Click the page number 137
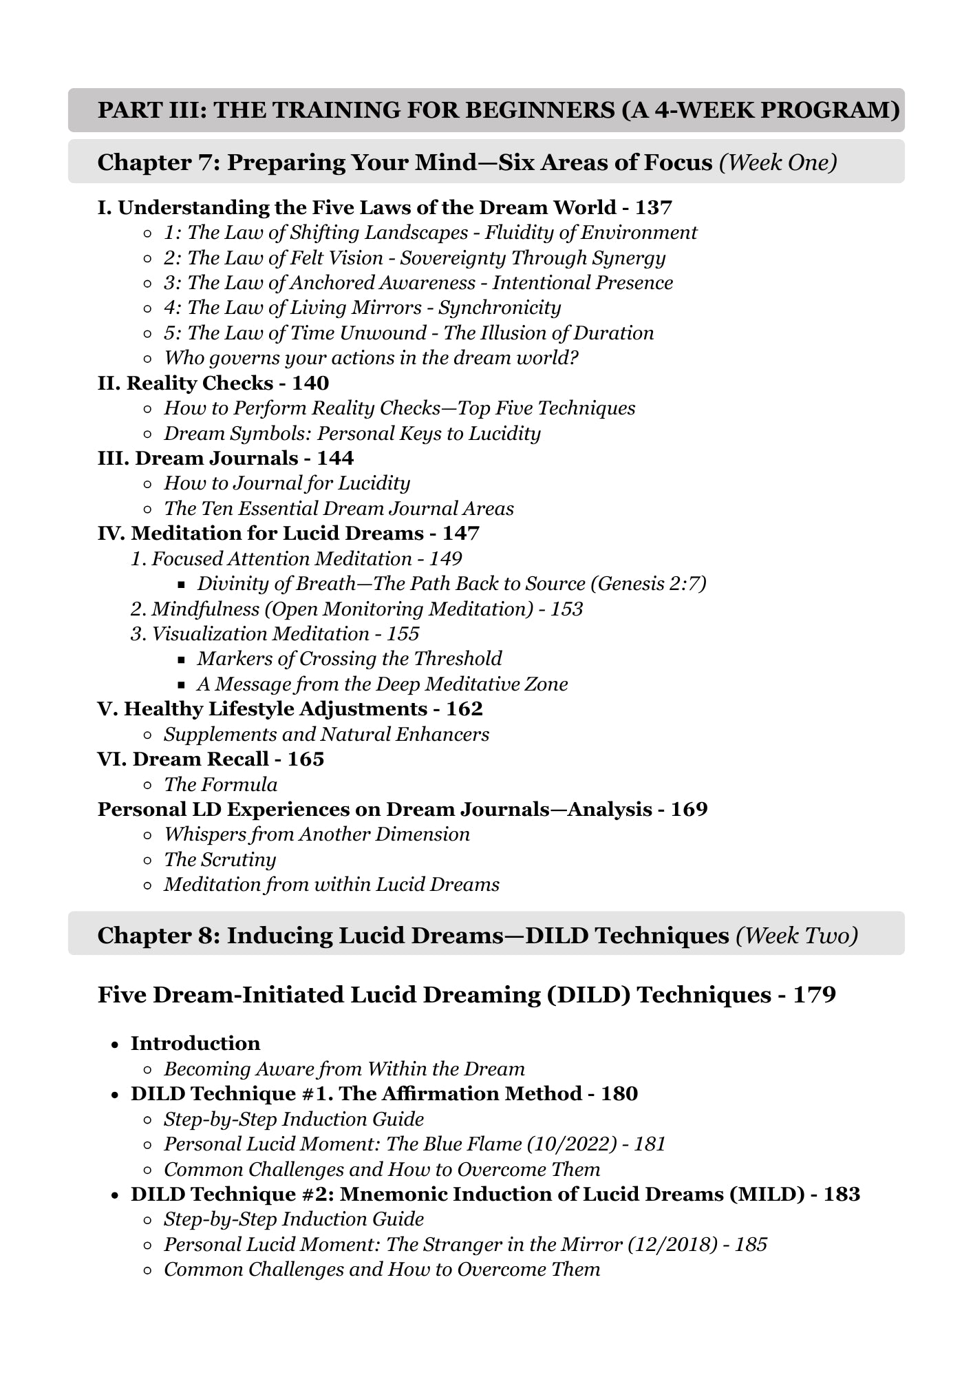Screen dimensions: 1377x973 (x=653, y=207)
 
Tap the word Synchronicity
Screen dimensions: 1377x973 (x=500, y=307)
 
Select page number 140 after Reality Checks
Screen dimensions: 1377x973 (x=310, y=383)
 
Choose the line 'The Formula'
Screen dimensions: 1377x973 (x=220, y=784)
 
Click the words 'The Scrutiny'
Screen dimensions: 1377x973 (x=220, y=859)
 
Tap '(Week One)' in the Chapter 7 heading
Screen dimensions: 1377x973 (x=778, y=162)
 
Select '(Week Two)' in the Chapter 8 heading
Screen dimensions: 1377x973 (x=797, y=935)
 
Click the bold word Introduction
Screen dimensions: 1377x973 (x=195, y=1043)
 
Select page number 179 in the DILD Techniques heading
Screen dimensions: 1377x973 (x=815, y=995)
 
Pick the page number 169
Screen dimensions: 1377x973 (x=689, y=809)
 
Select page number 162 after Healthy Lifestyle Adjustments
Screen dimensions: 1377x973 (x=464, y=708)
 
